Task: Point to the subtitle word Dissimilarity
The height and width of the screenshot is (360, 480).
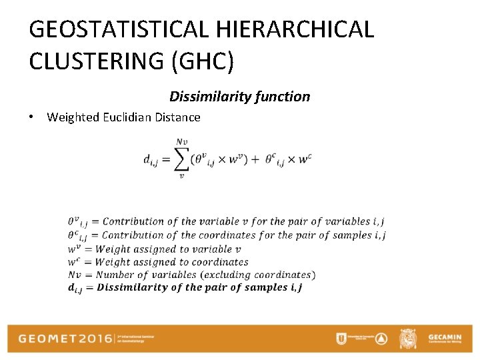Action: (207, 97)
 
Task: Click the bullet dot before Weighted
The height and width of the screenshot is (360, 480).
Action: (32, 117)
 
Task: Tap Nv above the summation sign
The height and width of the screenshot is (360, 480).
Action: (180, 141)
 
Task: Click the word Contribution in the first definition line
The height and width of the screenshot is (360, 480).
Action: (133, 221)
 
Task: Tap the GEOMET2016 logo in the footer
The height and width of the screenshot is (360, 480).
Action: (64, 339)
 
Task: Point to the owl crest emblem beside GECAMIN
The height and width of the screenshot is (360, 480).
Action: (407, 339)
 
